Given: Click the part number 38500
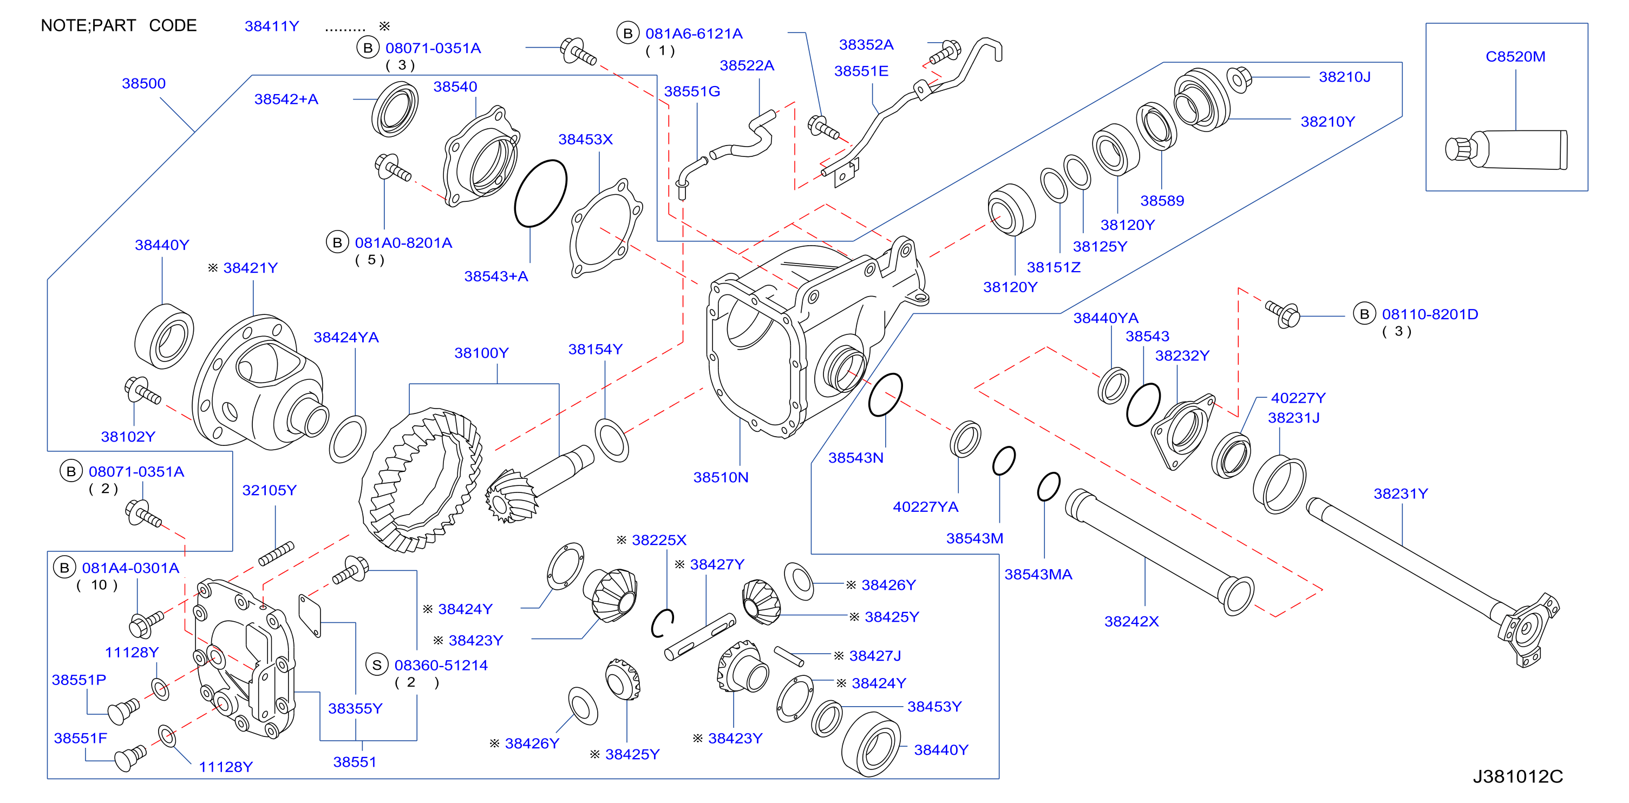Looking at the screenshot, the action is point(143,83).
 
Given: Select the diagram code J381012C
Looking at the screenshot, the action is point(1517,776).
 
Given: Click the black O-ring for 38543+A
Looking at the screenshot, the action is point(540,193).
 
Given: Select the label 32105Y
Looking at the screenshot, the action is point(270,490).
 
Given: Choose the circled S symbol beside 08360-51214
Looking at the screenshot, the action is point(377,664).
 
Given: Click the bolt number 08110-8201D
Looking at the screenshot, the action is point(1430,314).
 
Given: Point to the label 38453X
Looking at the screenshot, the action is point(586,139).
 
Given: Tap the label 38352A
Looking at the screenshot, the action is point(866,44).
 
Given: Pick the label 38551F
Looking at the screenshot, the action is point(80,738).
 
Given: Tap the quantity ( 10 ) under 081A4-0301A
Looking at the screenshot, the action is point(97,585).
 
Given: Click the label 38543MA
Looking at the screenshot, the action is point(1038,574).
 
